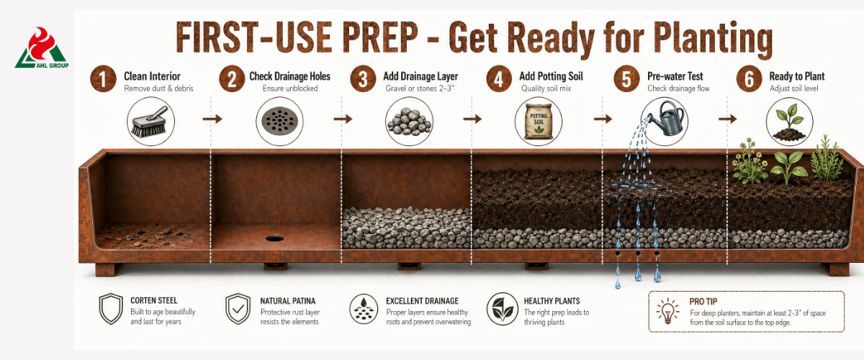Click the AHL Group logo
(x=42, y=48)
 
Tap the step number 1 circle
(x=103, y=78)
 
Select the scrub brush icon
(x=150, y=122)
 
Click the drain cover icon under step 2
(x=279, y=121)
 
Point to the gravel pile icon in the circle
(x=409, y=122)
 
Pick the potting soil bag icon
(x=539, y=121)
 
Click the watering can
(x=667, y=117)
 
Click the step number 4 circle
(x=499, y=78)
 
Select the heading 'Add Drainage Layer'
(x=420, y=76)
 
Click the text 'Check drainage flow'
(x=678, y=89)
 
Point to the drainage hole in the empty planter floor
(x=274, y=238)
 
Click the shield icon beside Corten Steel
(x=111, y=309)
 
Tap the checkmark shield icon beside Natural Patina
(x=238, y=309)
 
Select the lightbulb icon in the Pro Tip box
(x=667, y=311)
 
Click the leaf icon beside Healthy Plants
(x=503, y=309)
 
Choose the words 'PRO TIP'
(x=703, y=302)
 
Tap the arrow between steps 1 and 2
(x=212, y=119)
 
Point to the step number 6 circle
(x=749, y=78)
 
